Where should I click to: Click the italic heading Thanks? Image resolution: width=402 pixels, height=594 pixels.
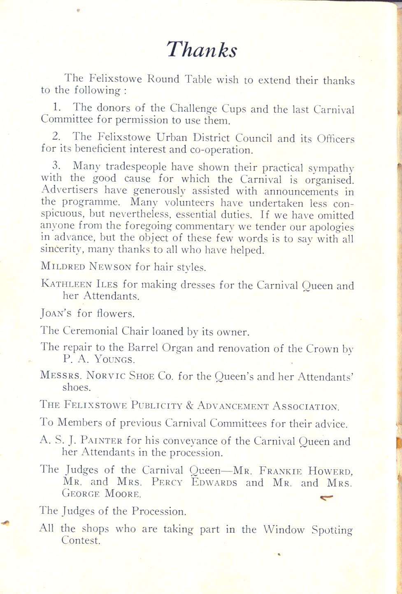[202, 50]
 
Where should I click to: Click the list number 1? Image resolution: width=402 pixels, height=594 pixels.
[57, 107]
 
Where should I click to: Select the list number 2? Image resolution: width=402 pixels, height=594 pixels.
[57, 136]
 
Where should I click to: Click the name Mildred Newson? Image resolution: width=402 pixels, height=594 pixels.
[86, 266]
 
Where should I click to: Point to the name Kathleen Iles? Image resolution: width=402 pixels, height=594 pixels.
[79, 284]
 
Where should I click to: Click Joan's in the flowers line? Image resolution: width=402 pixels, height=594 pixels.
[56, 314]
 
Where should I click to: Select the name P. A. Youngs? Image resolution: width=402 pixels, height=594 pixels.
[99, 359]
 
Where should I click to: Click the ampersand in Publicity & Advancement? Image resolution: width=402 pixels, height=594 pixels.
[189, 406]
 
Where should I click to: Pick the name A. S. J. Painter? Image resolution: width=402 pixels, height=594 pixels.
[81, 441]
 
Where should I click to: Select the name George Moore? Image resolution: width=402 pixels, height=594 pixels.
[102, 494]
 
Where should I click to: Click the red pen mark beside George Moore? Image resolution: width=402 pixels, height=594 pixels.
[326, 498]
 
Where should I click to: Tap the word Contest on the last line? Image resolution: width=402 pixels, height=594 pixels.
[81, 541]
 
